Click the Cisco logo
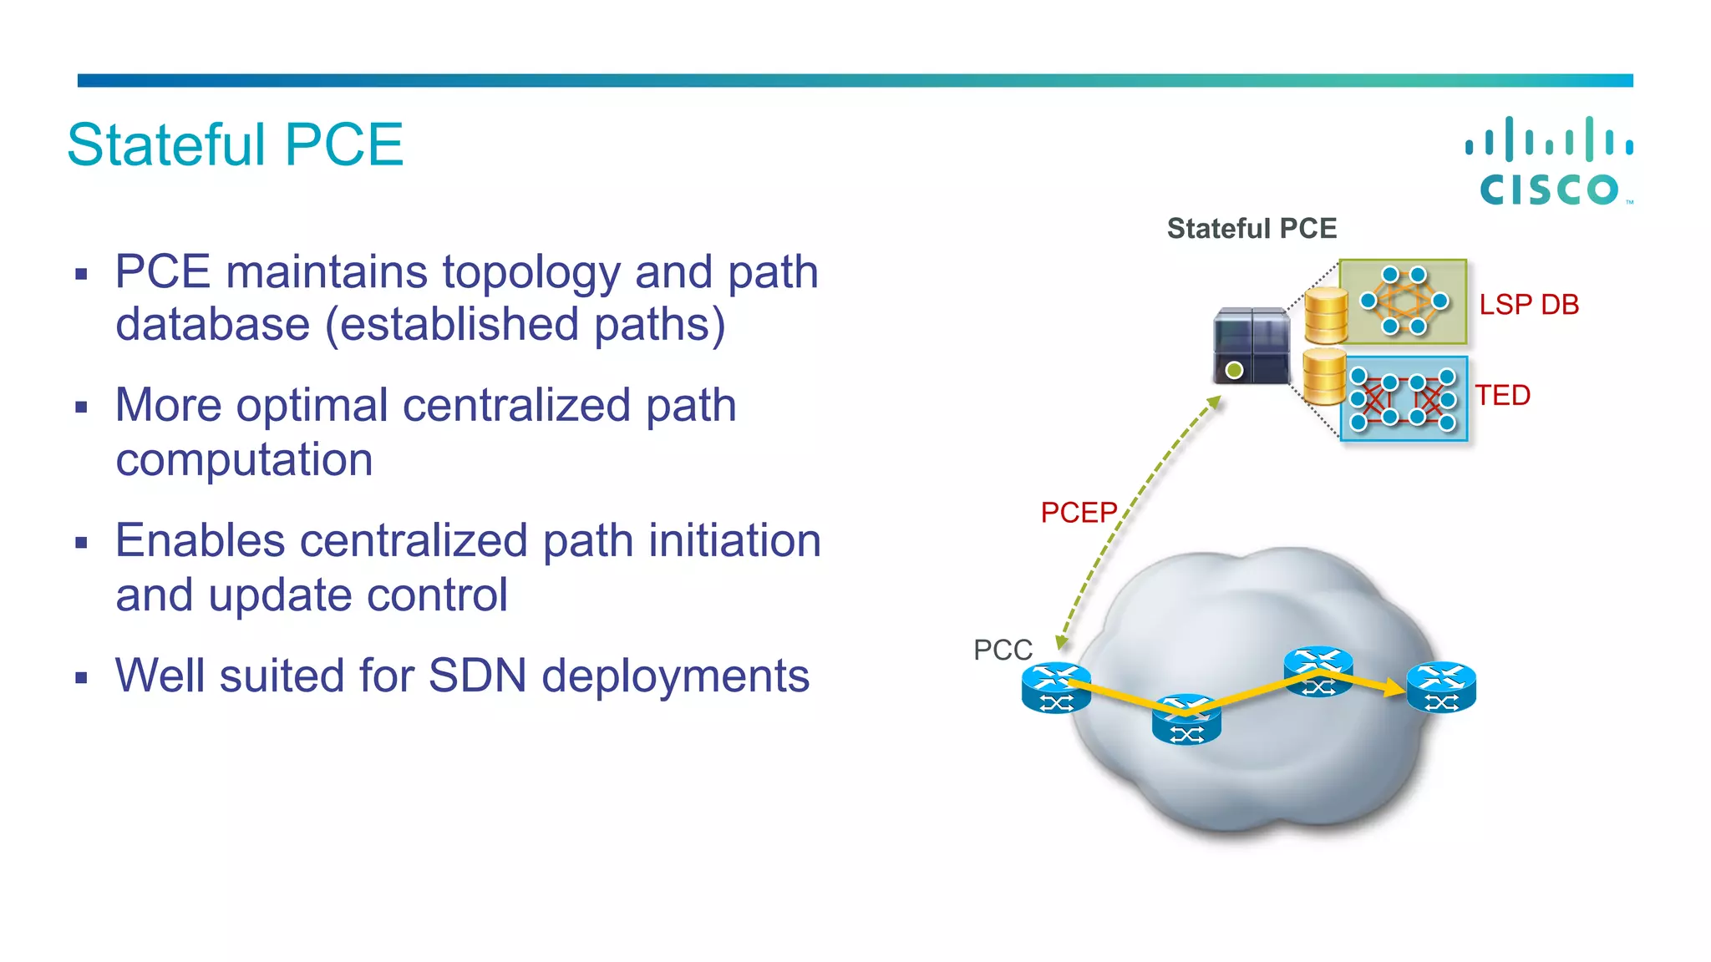pos(1549,162)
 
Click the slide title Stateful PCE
pos(235,144)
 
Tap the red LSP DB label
pos(1528,305)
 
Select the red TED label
pos(1502,395)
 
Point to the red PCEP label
pos(1078,512)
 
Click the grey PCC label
pos(1003,650)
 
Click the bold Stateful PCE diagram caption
pos(1251,228)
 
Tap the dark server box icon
pos(1251,345)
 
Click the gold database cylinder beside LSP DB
pos(1326,316)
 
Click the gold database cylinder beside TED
pos(1323,377)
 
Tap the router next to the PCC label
pos(1056,688)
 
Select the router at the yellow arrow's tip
pos(1441,687)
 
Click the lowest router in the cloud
pos(1186,720)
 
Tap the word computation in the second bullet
pos(244,459)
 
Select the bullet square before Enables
pos(81,544)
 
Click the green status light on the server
pos(1234,369)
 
